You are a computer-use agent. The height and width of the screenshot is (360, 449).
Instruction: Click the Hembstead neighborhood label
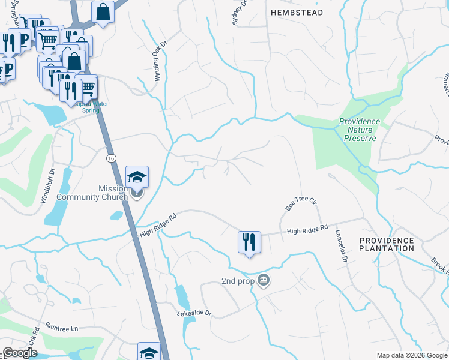(x=297, y=12)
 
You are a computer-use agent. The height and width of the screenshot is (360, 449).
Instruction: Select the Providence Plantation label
(x=387, y=244)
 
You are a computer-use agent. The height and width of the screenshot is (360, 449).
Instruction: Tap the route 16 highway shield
(x=111, y=158)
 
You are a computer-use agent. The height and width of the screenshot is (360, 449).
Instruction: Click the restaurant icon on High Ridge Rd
(x=249, y=242)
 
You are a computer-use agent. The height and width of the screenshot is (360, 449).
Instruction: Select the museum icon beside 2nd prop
(x=264, y=280)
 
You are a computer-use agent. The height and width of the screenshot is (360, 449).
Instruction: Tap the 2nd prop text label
(x=237, y=281)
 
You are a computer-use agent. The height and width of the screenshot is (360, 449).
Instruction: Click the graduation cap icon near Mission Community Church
(x=137, y=177)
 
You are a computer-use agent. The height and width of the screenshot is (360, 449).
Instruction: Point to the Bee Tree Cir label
(x=301, y=202)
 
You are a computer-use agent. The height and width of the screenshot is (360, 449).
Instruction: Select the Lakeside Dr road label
(x=194, y=313)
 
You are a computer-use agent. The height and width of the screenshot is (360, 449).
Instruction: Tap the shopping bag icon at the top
(x=103, y=12)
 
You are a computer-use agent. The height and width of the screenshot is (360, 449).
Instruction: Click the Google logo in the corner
(x=20, y=353)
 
